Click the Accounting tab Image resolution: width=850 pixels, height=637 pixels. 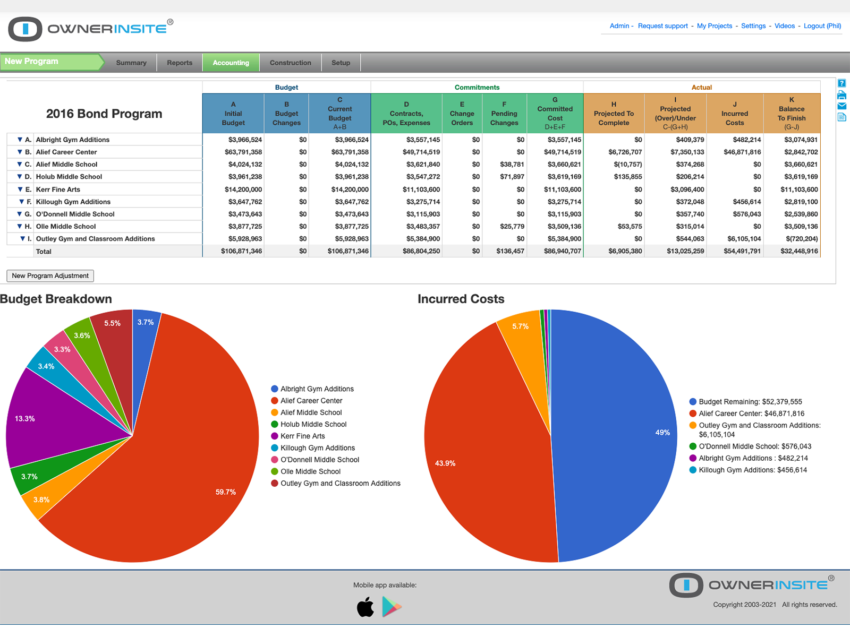[231, 63]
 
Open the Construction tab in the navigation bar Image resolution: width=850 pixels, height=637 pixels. [290, 63]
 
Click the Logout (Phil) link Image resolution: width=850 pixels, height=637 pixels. [822, 26]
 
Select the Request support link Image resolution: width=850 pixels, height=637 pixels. [662, 26]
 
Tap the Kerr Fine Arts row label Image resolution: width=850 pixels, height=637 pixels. [58, 190]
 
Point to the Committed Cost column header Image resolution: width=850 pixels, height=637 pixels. [555, 113]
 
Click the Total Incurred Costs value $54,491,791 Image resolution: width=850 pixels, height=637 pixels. [742, 251]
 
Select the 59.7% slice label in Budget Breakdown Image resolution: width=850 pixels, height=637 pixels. [226, 492]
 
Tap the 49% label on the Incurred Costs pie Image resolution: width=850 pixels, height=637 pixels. [662, 433]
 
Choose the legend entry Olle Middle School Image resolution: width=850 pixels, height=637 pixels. [310, 471]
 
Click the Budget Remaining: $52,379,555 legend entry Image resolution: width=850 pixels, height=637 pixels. [750, 402]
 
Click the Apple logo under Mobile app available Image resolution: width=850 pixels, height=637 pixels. [365, 607]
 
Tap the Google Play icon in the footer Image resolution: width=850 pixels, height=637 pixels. [392, 607]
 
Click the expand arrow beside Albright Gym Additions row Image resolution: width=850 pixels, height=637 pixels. [20, 140]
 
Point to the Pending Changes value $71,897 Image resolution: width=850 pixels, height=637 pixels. [512, 177]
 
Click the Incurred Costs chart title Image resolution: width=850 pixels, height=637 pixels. [461, 299]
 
